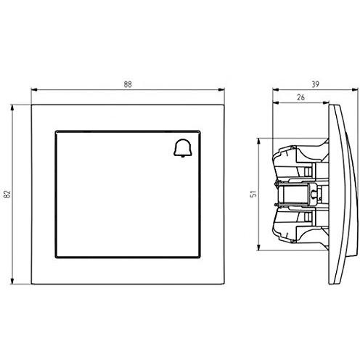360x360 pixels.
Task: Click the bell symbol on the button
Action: [183, 149]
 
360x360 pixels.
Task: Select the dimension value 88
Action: [128, 84]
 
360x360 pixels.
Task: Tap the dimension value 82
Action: [8, 194]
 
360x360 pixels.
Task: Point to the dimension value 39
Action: [315, 84]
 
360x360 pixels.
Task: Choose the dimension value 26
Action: [300, 97]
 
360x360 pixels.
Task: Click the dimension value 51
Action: [253, 194]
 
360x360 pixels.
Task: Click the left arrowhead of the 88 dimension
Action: [35, 90]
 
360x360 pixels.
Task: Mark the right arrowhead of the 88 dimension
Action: [221, 90]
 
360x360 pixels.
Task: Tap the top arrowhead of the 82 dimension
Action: [12, 108]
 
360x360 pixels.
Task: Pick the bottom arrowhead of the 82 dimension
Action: [12, 281]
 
